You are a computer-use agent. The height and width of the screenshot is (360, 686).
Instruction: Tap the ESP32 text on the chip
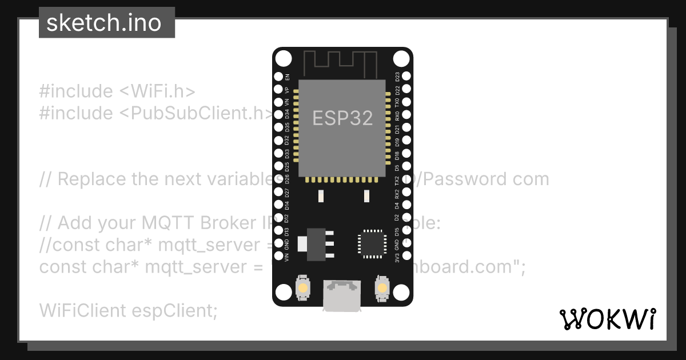[x=342, y=118]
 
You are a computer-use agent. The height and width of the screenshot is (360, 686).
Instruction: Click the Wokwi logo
[x=608, y=319]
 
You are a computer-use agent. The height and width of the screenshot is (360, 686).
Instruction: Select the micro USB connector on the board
[x=342, y=295]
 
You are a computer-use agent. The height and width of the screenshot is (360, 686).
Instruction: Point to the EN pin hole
[x=279, y=77]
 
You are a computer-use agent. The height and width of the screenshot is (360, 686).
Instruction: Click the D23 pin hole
[x=406, y=76]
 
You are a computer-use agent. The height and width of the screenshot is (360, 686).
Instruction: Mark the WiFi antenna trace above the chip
[x=342, y=62]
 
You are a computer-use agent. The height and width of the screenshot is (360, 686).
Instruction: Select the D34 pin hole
[x=279, y=115]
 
